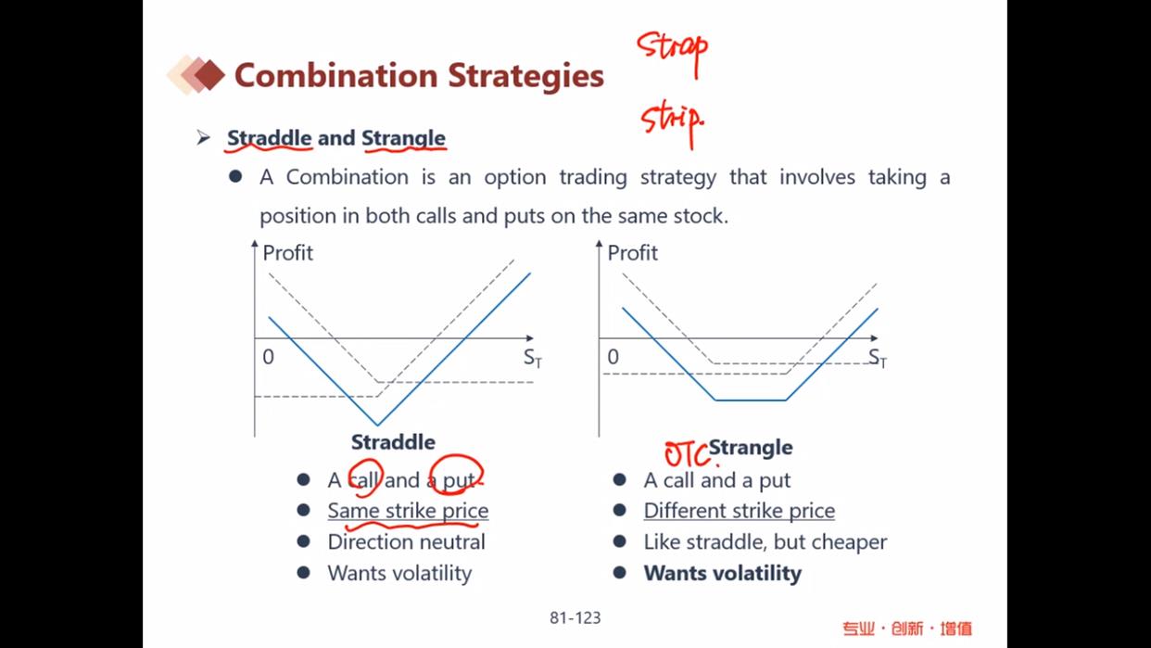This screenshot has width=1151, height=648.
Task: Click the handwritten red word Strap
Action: pos(672,50)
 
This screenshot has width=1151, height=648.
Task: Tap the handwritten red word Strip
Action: pos(672,123)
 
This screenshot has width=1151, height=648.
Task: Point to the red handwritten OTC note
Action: pos(688,454)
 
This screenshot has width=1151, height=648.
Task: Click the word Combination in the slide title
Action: pos(335,75)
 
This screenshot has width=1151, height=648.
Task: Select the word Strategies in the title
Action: pos(525,76)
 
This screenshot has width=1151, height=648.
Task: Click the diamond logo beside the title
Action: pos(196,75)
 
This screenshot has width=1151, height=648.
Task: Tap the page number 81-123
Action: pos(575,617)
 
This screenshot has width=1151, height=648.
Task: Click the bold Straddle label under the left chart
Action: pos(393,442)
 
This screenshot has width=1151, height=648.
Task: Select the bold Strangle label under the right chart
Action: pos(751,448)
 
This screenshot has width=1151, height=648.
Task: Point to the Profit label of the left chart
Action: pos(287,253)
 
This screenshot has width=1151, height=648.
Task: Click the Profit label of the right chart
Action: pos(633,253)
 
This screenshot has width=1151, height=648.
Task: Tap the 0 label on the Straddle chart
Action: pos(268,357)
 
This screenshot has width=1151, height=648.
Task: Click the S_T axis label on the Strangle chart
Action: pos(878,358)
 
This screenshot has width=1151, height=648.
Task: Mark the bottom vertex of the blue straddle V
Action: pos(378,425)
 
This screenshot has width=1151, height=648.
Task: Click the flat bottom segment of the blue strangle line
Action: pos(751,400)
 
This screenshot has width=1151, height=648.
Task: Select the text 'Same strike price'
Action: pos(408,511)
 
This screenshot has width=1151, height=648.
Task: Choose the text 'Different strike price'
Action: pos(739,511)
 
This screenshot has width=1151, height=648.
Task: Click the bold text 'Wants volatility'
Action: pos(723,573)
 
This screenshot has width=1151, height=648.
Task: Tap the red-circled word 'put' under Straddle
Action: pos(459,480)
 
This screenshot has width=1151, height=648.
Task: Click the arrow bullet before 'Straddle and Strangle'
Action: pos(204,138)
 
